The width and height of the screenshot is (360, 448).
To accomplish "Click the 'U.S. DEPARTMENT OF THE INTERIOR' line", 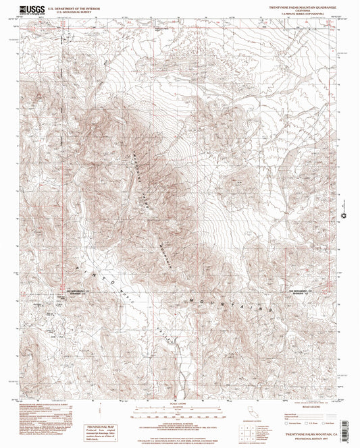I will (73, 8).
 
